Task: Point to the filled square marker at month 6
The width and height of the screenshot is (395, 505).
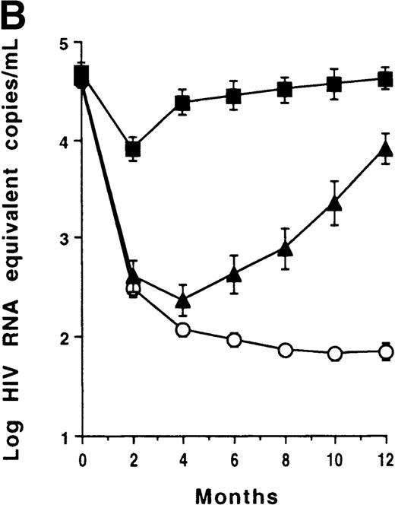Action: [x=234, y=97]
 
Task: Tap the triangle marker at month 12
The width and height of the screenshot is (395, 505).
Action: [x=386, y=148]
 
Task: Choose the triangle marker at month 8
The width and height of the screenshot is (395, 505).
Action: [x=285, y=248]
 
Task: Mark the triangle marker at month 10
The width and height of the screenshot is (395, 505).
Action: [x=335, y=203]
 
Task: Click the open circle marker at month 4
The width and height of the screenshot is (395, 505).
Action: [x=183, y=330]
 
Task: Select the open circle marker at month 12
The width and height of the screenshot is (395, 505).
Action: [x=386, y=351]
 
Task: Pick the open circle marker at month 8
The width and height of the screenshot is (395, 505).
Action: [x=285, y=350]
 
